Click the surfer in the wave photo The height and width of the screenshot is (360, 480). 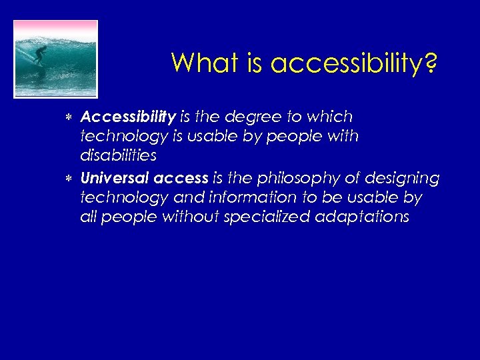(41, 53)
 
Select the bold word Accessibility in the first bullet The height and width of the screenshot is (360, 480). (127, 117)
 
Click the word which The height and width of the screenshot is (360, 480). (327, 117)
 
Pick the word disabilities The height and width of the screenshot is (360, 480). (118, 156)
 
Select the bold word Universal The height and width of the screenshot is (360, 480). (114, 178)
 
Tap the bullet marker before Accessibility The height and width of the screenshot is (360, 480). (70, 118)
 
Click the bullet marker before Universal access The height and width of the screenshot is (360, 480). (70, 179)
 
